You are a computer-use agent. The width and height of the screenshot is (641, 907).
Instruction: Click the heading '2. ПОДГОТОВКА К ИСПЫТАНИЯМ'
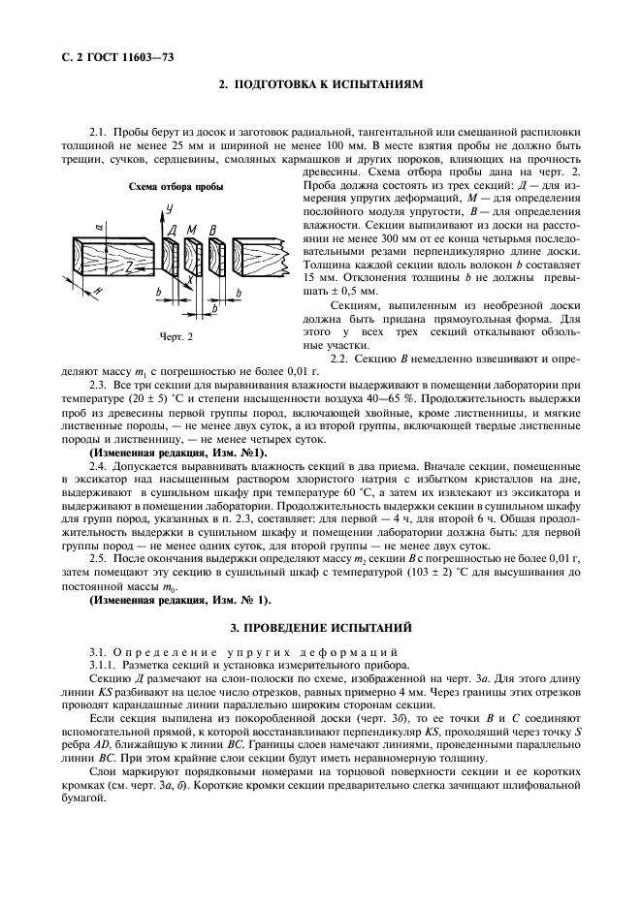tap(320, 85)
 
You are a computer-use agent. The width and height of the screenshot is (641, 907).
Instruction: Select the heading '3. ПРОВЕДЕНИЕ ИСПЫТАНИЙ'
tap(320, 628)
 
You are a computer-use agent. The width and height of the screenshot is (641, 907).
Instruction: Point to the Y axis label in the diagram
tap(169, 208)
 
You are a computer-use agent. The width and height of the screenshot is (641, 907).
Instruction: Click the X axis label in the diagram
tap(190, 277)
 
